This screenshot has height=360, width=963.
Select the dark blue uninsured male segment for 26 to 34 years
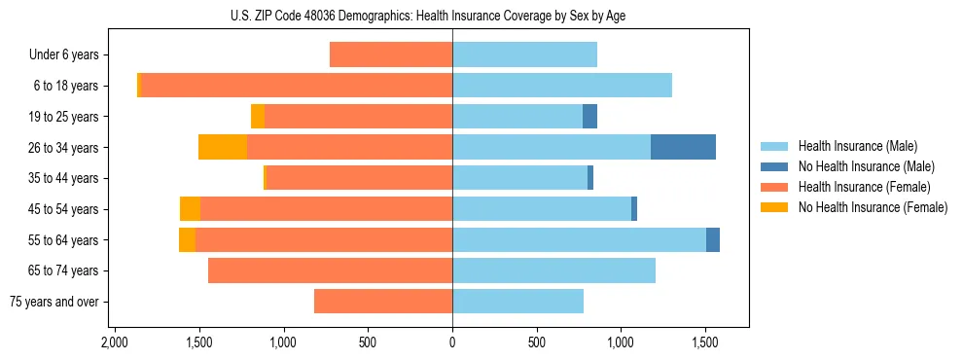tap(683, 147)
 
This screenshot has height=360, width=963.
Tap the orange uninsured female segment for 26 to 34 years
tap(223, 147)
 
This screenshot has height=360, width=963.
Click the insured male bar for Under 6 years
tap(524, 54)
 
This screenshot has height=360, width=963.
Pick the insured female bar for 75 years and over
tap(383, 302)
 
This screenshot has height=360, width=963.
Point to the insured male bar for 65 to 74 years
tap(553, 270)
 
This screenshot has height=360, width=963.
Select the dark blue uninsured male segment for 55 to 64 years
tap(713, 239)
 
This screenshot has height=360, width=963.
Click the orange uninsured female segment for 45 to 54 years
tap(190, 209)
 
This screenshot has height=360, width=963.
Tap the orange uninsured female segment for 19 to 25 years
tap(258, 117)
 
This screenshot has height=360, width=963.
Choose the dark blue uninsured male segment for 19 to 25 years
tap(589, 117)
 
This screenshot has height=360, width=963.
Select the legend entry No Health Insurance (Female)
tap(873, 207)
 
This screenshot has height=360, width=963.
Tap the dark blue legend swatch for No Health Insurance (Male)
tap(774, 166)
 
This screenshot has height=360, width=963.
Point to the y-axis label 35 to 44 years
tap(64, 178)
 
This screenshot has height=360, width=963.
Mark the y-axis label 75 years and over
tap(54, 302)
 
